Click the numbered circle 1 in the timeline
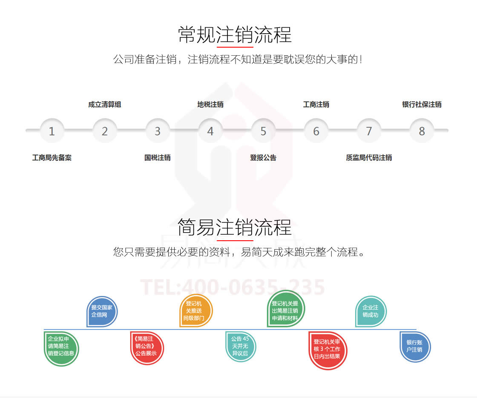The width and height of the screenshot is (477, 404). click(52, 131)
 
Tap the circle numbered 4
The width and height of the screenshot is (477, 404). click(210, 131)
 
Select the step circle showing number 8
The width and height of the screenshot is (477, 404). click(422, 131)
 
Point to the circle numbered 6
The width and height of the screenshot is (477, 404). click(316, 131)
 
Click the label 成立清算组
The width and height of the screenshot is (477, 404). click(105, 105)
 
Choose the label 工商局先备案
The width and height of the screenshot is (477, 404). click(52, 158)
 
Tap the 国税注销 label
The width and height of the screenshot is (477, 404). click(158, 158)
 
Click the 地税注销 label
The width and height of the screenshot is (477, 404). click(210, 105)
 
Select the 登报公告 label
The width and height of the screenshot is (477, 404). click(263, 158)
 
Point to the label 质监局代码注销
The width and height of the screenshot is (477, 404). click(369, 158)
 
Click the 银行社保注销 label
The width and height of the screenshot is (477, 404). click(422, 105)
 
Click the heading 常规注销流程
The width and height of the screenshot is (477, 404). click(235, 34)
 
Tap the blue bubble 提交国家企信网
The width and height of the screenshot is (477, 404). click(102, 311)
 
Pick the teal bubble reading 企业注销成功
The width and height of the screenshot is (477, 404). click(371, 311)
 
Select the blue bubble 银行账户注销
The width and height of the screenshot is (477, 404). click(415, 346)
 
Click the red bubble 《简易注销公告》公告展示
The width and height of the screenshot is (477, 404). click(147, 347)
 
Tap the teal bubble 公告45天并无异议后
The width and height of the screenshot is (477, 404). click(241, 346)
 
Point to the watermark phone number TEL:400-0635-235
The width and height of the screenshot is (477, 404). click(233, 287)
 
